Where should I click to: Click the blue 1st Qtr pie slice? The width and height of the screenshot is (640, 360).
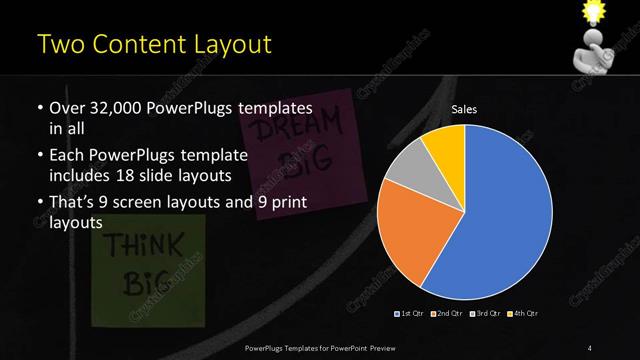coord(505,215)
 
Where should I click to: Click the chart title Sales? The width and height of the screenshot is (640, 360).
coord(464,108)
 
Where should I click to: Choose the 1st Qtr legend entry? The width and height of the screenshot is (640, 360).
coord(410,315)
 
